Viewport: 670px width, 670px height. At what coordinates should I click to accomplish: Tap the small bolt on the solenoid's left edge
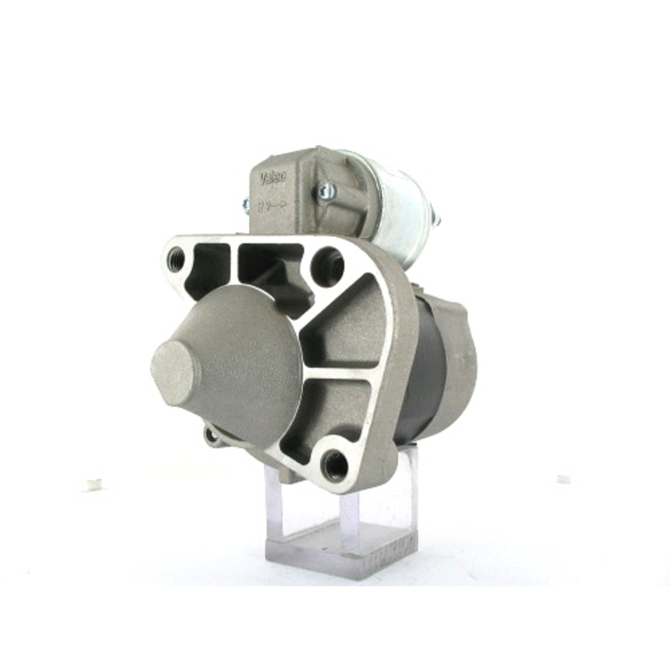pyautogui.click(x=246, y=204)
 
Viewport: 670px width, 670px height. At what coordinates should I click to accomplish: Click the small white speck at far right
pyautogui.click(x=563, y=480)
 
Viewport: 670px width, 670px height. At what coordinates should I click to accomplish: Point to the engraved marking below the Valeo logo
pyautogui.click(x=272, y=204)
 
